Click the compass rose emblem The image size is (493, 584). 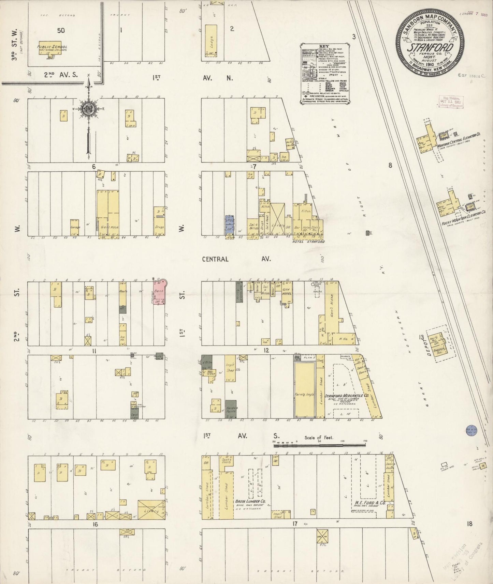pyautogui.click(x=88, y=109)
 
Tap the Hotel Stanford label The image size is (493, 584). pyautogui.click(x=308, y=242)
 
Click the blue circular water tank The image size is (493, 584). pyautogui.click(x=471, y=431)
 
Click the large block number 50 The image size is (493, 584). pyautogui.click(x=61, y=30)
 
